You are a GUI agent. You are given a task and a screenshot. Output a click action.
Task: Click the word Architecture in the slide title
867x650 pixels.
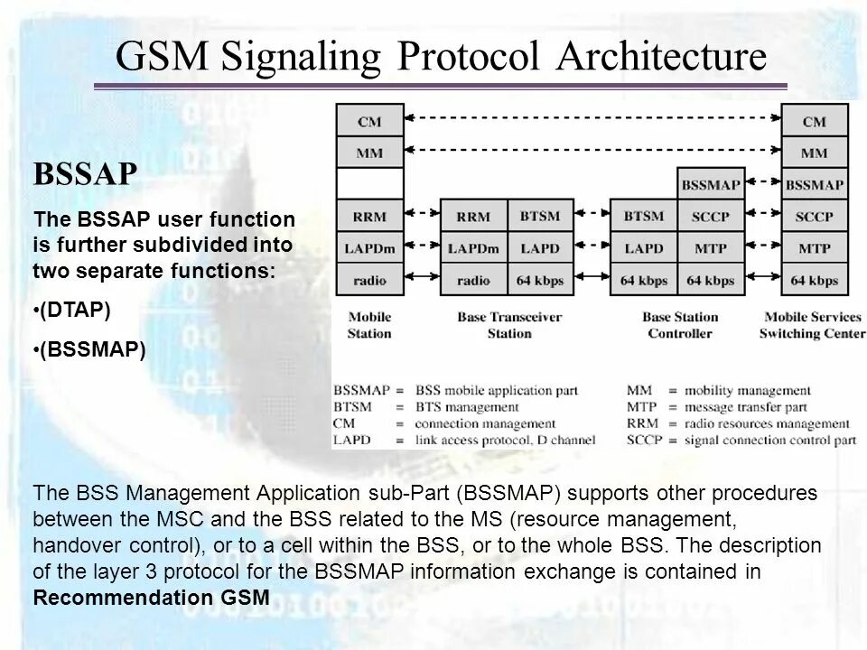pos(663,57)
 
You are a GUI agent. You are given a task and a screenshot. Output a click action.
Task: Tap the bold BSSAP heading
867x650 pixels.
pos(85,174)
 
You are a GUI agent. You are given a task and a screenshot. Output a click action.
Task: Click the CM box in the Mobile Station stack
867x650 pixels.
pos(368,120)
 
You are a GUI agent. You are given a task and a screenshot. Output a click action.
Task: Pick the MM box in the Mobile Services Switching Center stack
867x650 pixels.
pos(814,153)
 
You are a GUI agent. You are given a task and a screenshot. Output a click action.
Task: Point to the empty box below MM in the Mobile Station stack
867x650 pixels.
pos(368,184)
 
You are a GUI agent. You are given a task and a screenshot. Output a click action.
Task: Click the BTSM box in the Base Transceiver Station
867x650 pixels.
pos(541,217)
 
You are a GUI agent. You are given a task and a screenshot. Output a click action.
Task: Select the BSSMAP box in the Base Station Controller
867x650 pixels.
pos(711,185)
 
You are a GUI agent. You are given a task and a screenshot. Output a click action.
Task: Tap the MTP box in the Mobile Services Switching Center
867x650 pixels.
pos(814,247)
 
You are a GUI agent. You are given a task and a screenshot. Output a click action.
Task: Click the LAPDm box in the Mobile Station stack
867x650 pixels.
pos(368,247)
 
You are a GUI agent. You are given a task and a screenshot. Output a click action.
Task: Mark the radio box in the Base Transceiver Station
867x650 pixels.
pos(473,280)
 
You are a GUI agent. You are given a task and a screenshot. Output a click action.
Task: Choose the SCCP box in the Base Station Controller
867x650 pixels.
pos(711,217)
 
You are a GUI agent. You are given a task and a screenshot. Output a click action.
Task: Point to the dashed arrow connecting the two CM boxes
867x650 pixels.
pos(592,117)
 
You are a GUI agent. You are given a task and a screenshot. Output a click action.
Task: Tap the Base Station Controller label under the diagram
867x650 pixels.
pos(680,325)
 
